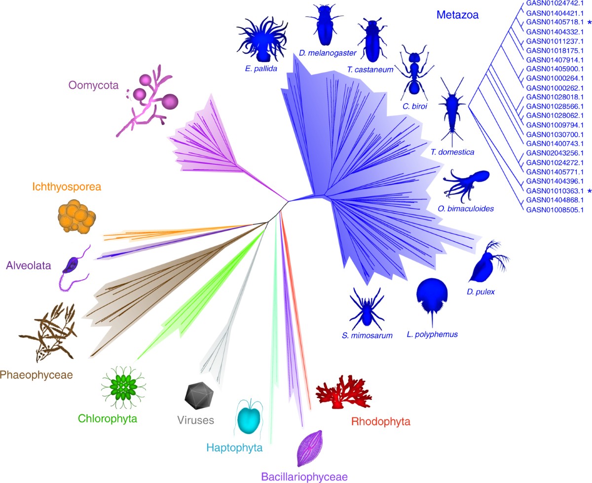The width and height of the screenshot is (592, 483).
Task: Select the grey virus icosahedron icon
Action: tap(198, 395)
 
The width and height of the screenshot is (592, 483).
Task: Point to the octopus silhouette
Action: tap(466, 183)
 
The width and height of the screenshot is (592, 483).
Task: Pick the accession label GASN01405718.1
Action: tap(555, 22)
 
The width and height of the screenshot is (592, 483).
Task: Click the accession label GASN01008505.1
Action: tap(555, 210)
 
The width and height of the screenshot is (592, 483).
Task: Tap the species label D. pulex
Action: tap(481, 292)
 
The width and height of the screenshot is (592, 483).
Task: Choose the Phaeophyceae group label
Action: tap(37, 375)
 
